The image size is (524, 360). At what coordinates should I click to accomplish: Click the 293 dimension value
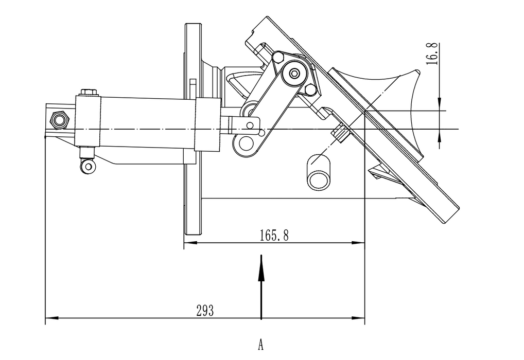tap(204, 311)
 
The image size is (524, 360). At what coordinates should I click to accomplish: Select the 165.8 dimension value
tap(274, 236)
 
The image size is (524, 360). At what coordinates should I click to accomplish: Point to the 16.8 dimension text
tap(432, 53)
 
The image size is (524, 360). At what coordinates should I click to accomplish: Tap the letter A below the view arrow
tap(260, 344)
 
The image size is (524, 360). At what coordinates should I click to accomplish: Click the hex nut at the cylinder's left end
tap(59, 120)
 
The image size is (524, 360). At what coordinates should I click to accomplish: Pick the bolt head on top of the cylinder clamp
tap(88, 92)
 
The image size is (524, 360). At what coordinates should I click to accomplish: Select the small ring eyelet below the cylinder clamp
tap(88, 166)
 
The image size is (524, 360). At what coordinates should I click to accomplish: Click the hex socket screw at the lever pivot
tap(294, 74)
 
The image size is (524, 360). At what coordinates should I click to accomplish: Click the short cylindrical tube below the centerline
tap(319, 172)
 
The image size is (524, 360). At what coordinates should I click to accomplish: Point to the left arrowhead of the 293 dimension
tap(52, 318)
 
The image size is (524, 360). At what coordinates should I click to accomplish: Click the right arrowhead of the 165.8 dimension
tap(358, 243)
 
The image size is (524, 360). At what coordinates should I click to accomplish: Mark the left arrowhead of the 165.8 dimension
tap(190, 243)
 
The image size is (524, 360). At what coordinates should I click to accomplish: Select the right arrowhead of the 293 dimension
tap(358, 318)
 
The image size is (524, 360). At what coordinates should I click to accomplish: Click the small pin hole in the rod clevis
tap(250, 125)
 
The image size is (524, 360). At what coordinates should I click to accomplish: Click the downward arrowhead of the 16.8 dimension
tap(440, 104)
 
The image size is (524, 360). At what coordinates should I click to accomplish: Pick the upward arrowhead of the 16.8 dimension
tap(440, 135)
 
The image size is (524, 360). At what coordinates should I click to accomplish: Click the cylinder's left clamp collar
tap(88, 121)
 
